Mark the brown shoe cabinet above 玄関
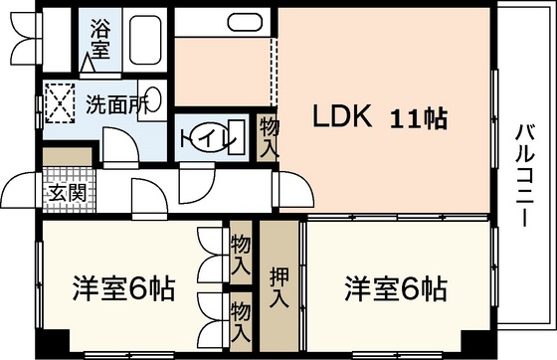(70, 156)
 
